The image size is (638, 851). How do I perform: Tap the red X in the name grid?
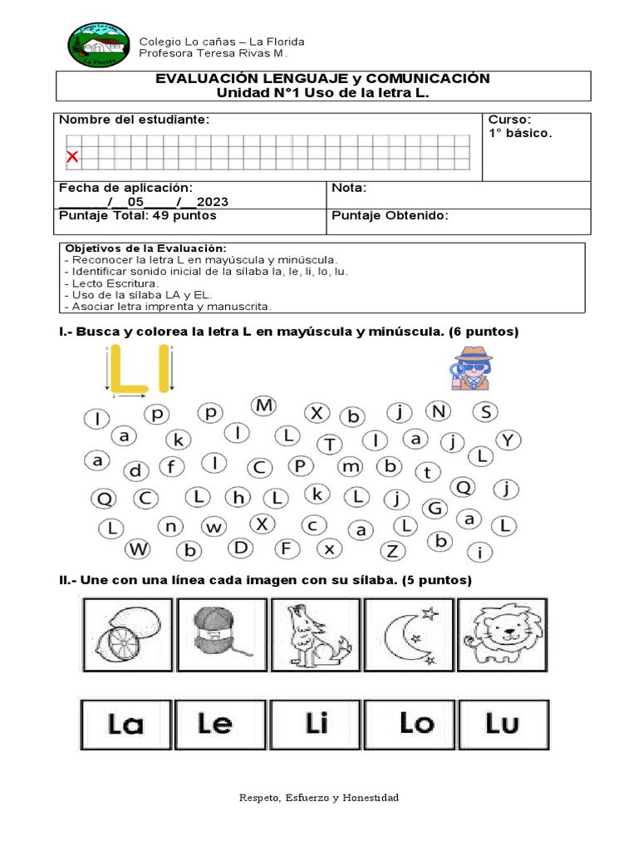pyautogui.click(x=72, y=156)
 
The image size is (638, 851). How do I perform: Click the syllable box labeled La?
pyautogui.click(x=126, y=725)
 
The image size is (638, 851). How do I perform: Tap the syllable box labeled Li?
pyautogui.click(x=316, y=725)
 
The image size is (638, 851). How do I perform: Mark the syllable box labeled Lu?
pyautogui.click(x=503, y=725)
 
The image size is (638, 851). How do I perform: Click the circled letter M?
pyautogui.click(x=263, y=406)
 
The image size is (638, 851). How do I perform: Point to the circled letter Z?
pyautogui.click(x=393, y=550)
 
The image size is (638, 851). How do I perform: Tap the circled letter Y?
pyautogui.click(x=508, y=440)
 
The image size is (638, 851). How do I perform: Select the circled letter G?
pyautogui.click(x=435, y=508)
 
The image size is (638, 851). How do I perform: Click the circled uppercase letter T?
pyautogui.click(x=330, y=445)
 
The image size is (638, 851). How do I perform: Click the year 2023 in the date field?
pyautogui.click(x=213, y=202)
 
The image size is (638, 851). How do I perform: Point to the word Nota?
pyautogui.click(x=349, y=188)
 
